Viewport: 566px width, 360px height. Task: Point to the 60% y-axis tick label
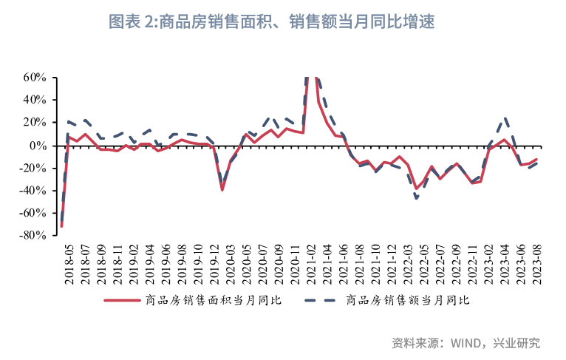point(35,77)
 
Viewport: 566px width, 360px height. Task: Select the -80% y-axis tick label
point(34,236)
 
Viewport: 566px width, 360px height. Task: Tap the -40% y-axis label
point(34,191)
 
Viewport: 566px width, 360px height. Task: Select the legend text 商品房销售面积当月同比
point(214,300)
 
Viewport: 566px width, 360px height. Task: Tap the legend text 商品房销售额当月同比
point(408,300)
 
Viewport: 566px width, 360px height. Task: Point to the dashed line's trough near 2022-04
point(417,198)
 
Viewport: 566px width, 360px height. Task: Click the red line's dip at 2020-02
point(222,190)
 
